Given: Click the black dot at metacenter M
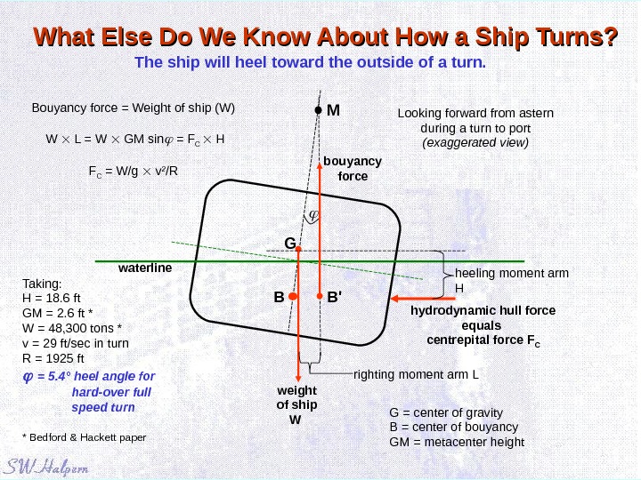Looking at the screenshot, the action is [317, 111].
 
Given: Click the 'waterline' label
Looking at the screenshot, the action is [144, 268].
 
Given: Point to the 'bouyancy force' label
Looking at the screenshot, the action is [352, 168].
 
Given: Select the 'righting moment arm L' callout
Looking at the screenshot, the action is [416, 373].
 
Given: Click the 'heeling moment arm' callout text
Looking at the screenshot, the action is [511, 274].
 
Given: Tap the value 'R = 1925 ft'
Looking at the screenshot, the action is [53, 358].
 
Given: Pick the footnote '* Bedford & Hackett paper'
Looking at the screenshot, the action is [83, 437].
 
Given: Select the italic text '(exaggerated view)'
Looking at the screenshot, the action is [475, 142].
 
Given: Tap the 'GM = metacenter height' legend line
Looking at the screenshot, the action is [457, 441].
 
